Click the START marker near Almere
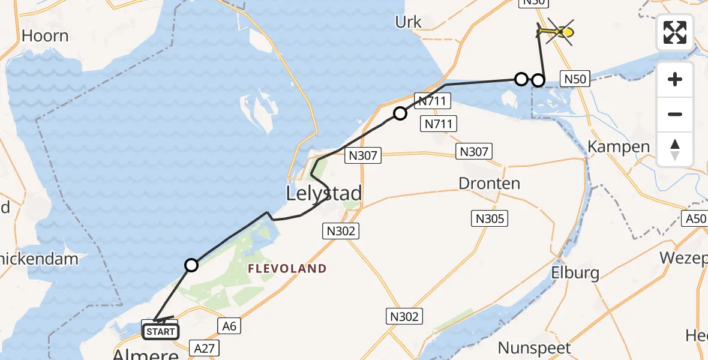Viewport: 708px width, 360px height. (160, 331)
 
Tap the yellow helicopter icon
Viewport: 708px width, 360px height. (557, 31)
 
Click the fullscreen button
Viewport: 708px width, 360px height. (675, 32)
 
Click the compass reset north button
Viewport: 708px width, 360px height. (675, 149)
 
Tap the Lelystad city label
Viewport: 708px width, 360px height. (324, 194)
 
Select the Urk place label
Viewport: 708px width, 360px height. (409, 22)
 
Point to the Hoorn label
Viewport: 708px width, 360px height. (45, 36)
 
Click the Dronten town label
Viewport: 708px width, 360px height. (489, 183)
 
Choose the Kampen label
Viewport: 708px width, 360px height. (619, 147)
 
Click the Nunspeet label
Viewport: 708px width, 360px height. (535, 347)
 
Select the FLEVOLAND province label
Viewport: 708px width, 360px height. (288, 269)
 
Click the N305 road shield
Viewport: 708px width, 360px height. (490, 218)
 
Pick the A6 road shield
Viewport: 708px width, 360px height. (227, 325)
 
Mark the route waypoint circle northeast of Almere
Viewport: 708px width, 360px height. (191, 265)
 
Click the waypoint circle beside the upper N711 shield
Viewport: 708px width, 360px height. (400, 113)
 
